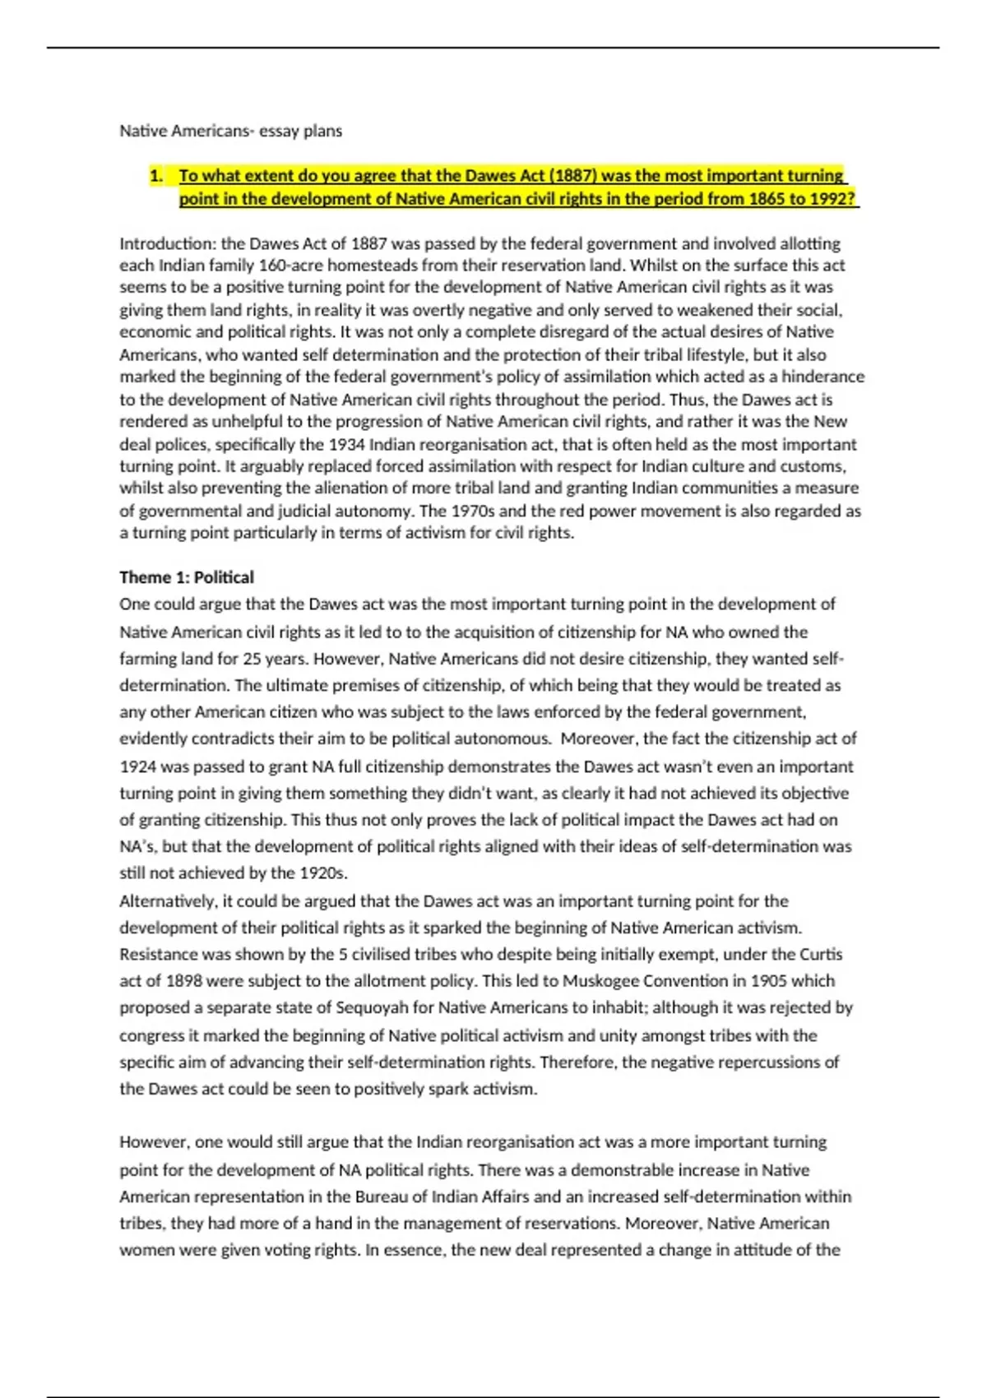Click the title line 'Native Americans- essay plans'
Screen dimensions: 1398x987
230,131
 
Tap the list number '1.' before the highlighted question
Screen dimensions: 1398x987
156,175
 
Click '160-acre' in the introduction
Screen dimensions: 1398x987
287,266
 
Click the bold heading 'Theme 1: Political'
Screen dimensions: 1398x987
187,577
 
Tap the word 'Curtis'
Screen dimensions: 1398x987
822,954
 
